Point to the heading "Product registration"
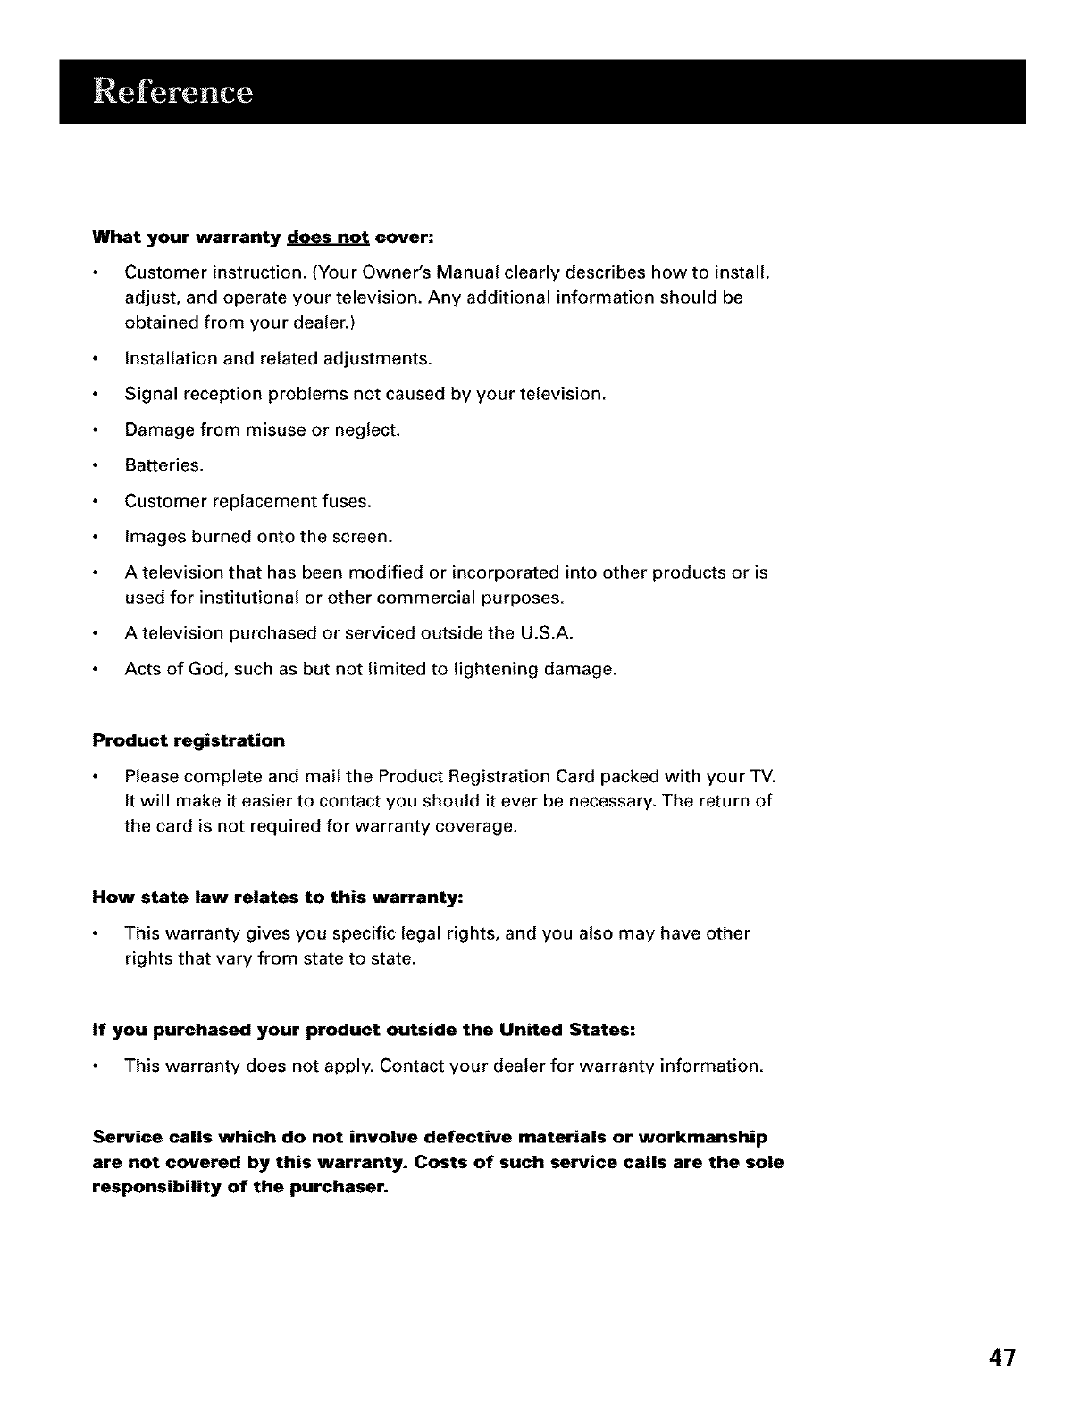[x=189, y=740]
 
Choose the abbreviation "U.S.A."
[x=545, y=633]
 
